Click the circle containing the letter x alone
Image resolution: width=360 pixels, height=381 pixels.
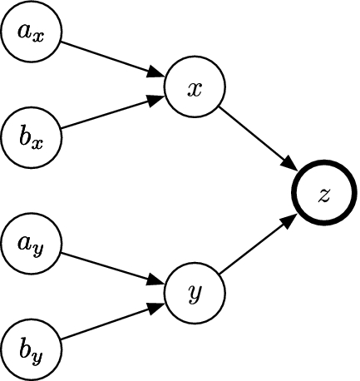point(195,88)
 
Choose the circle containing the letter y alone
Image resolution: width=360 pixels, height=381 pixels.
point(195,292)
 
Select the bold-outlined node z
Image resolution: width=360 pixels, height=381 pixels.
point(324,194)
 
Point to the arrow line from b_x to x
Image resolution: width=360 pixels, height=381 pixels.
point(108,115)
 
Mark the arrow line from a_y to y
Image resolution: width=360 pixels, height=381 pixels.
point(108,266)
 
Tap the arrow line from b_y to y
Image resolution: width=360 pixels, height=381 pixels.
point(108,324)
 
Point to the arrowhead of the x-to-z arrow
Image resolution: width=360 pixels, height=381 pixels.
point(291,165)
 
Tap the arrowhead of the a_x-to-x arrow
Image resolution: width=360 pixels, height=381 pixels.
point(156,73)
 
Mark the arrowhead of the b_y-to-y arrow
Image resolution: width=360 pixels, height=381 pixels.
point(156,307)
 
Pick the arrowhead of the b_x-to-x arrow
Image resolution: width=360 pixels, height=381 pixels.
point(156,99)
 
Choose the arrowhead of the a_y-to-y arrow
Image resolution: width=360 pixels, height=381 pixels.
point(156,281)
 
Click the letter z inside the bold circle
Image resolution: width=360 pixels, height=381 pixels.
point(324,195)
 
